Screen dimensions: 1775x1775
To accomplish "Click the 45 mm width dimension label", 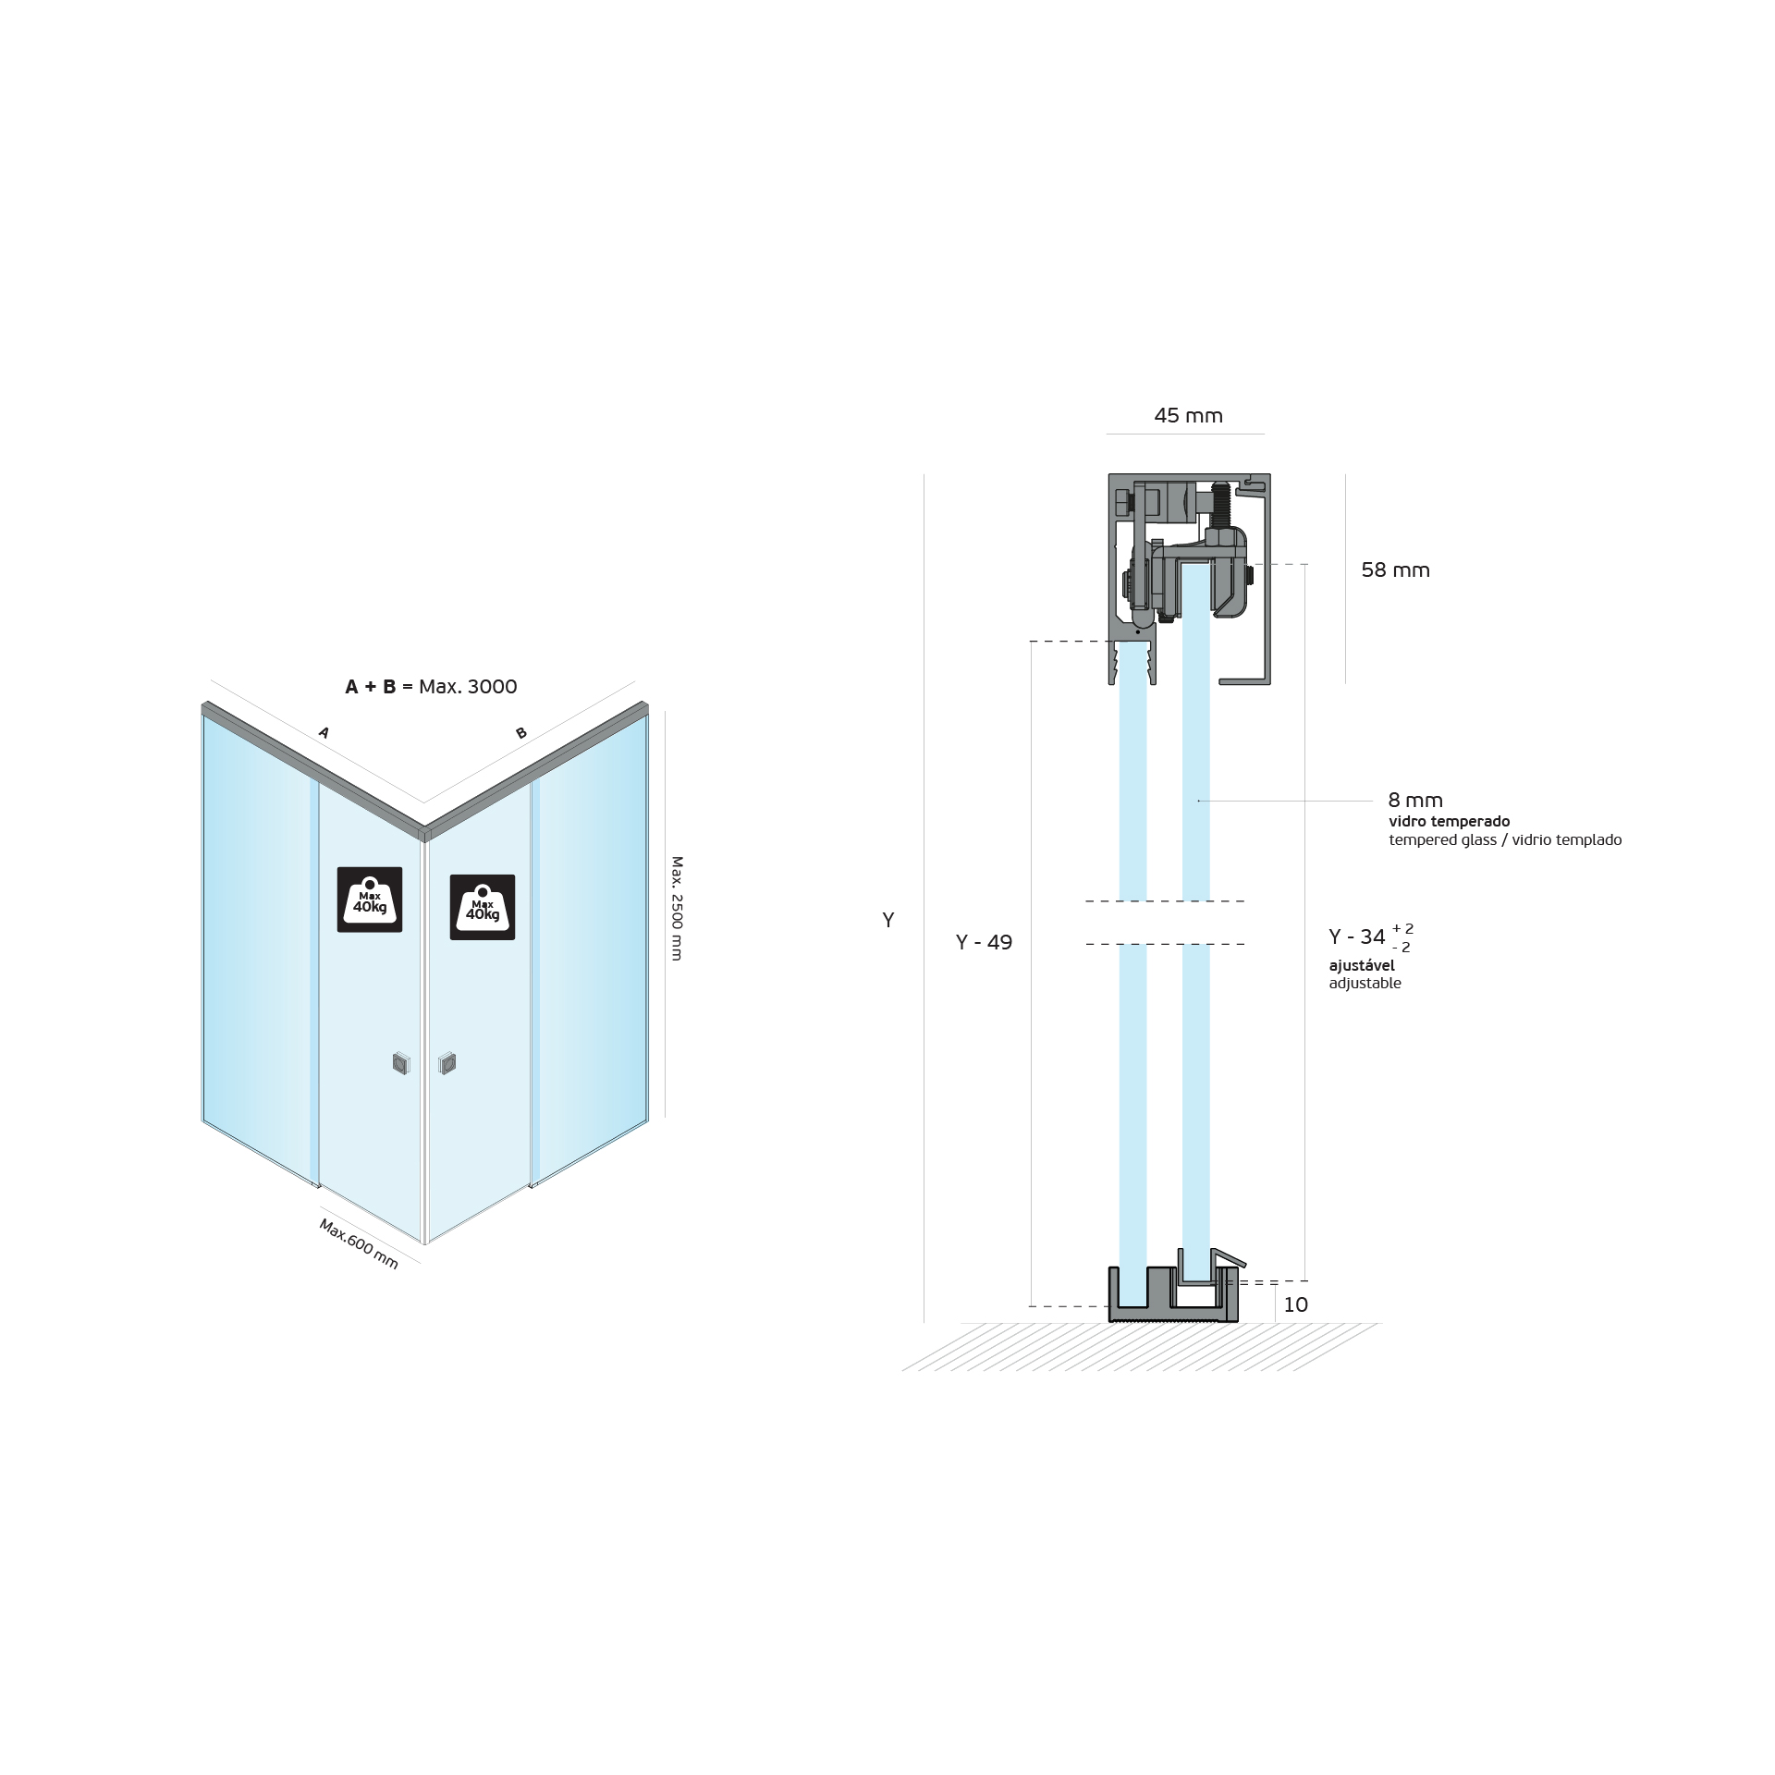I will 1188,416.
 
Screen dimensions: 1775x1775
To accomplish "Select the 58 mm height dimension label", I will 1395,570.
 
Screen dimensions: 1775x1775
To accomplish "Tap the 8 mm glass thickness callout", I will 1414,801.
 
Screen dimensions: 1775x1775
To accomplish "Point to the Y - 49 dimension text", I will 984,942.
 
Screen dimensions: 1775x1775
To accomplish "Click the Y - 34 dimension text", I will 1357,937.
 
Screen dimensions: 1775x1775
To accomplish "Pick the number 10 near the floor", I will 1295,1304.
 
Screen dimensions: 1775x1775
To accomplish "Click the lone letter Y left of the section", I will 888,921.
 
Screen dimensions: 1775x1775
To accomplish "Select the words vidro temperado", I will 1449,821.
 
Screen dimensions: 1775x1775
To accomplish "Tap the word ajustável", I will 1362,965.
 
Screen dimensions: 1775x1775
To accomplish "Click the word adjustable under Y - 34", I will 1365,984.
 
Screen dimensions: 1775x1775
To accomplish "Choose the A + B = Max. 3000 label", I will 431,687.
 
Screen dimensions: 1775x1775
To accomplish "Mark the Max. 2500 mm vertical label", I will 677,908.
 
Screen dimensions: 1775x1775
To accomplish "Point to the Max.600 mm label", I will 359,1243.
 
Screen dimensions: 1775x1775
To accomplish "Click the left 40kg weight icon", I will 370,900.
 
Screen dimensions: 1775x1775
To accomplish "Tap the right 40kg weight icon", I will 482,907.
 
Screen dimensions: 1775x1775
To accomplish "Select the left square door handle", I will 400,1063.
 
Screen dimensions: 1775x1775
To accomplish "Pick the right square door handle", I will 447,1063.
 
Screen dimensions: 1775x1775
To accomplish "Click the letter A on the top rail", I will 324,733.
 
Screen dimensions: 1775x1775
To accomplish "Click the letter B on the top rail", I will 521,733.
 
